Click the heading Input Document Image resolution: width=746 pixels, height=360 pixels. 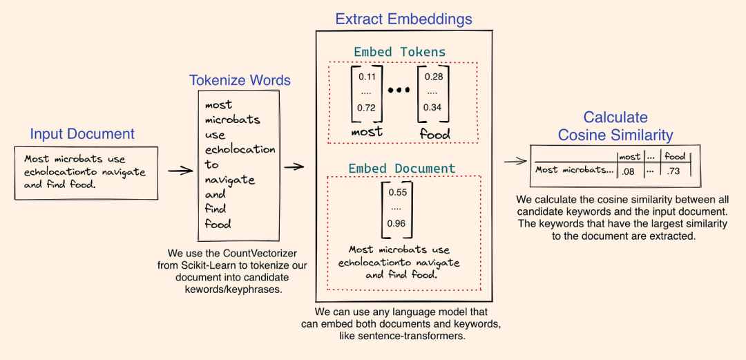pyautogui.click(x=82, y=134)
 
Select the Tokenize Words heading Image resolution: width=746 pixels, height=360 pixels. pyautogui.click(x=240, y=80)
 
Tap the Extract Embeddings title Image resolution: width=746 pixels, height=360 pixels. pyautogui.click(x=403, y=19)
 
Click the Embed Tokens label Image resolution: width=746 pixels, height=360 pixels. pyautogui.click(x=399, y=52)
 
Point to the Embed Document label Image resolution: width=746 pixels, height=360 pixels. pyautogui.click(x=402, y=169)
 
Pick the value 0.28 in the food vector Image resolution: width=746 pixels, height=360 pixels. pyautogui.click(x=434, y=77)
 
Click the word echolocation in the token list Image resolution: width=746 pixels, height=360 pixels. pyautogui.click(x=240, y=149)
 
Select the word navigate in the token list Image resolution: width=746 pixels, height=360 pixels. pyautogui.click(x=230, y=180)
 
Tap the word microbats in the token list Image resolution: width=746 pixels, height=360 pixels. pyautogui.click(x=233, y=120)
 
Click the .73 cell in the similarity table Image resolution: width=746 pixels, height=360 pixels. pyautogui.click(x=673, y=170)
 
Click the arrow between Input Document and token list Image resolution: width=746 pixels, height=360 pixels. pyautogui.click(x=180, y=170)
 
